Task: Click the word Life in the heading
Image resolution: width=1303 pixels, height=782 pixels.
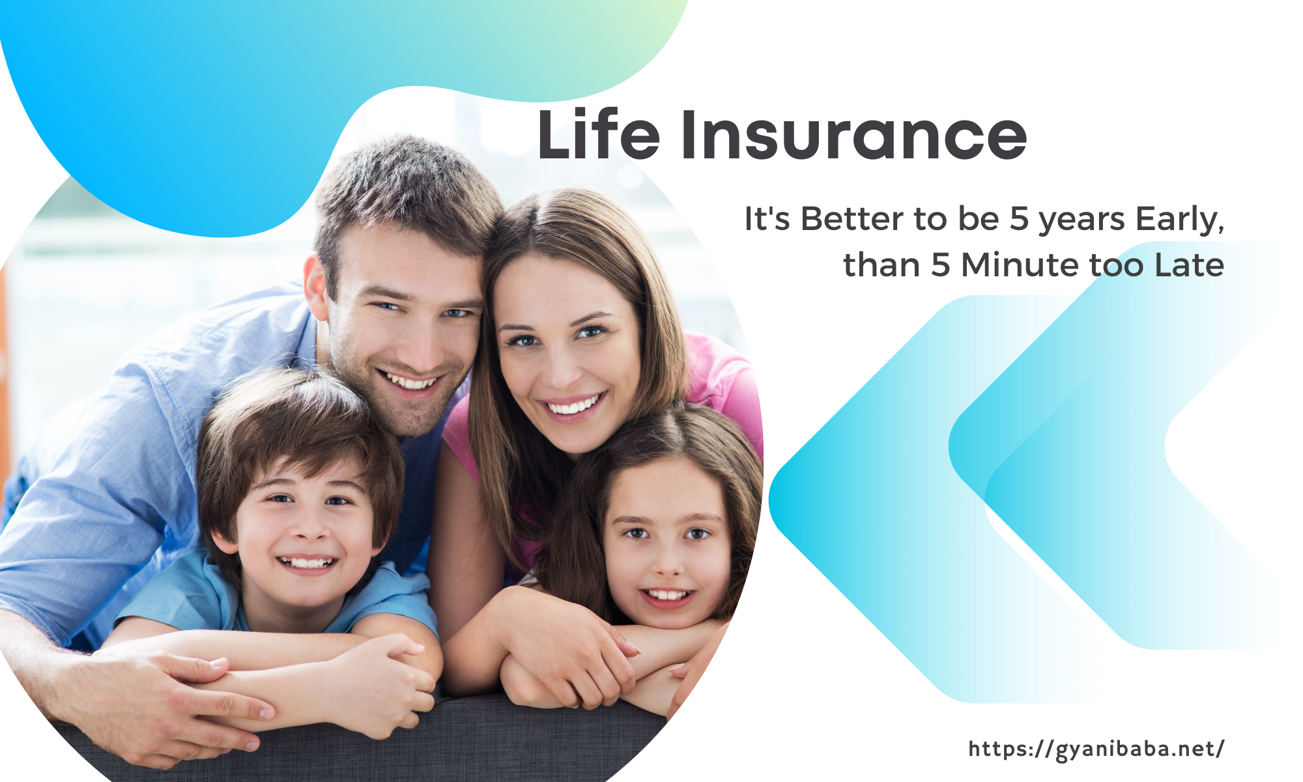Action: click(x=599, y=134)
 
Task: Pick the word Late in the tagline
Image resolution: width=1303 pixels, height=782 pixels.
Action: click(x=1189, y=265)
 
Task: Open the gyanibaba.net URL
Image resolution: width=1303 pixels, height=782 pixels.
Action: click(x=1096, y=749)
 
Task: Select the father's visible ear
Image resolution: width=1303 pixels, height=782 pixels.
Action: click(x=316, y=287)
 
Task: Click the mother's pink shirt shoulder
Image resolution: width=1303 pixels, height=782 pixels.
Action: click(x=723, y=378)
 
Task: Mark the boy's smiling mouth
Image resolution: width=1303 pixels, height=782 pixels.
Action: click(x=306, y=561)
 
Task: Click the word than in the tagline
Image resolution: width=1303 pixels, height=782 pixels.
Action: click(x=881, y=265)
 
